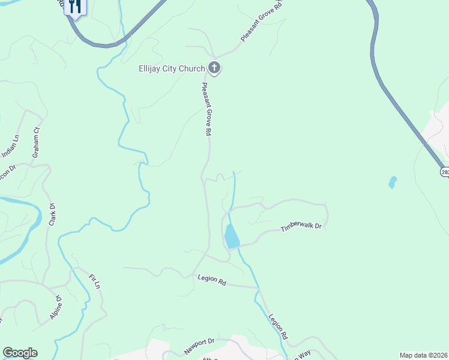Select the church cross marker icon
pos(214,68)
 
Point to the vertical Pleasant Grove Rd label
pos(206,108)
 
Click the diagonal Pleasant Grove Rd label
pos(261,21)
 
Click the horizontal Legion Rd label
pos(211,280)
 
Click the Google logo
pos(20,352)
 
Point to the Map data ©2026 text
pos(423,355)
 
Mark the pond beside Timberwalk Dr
pos(232,237)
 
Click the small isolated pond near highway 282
pos(393,181)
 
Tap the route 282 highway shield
pos(445,172)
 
